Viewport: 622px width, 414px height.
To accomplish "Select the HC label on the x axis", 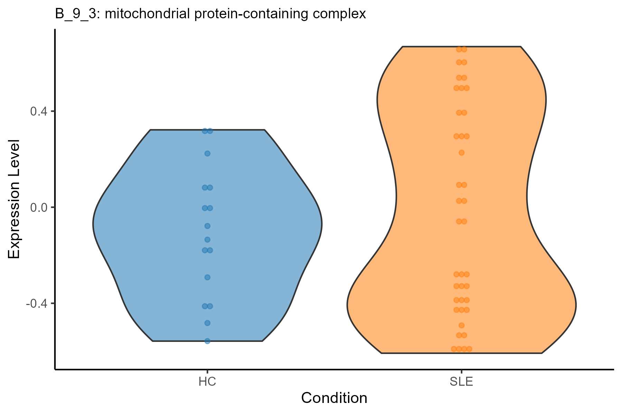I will (x=207, y=382).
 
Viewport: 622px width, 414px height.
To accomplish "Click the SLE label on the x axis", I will (x=461, y=382).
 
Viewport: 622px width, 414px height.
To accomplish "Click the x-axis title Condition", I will (x=334, y=398).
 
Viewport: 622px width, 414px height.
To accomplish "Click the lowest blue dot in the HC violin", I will (x=207, y=341).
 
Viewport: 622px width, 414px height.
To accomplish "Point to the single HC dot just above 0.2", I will (x=207, y=154).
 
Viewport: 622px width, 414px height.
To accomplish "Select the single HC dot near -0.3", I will (x=207, y=277).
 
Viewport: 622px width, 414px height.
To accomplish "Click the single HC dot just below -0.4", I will (x=207, y=323).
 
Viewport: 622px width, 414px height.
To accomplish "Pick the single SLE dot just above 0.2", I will (x=461, y=152).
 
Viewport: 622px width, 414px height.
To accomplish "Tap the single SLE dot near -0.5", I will (x=461, y=325).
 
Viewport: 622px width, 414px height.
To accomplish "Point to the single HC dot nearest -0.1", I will (x=207, y=226).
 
